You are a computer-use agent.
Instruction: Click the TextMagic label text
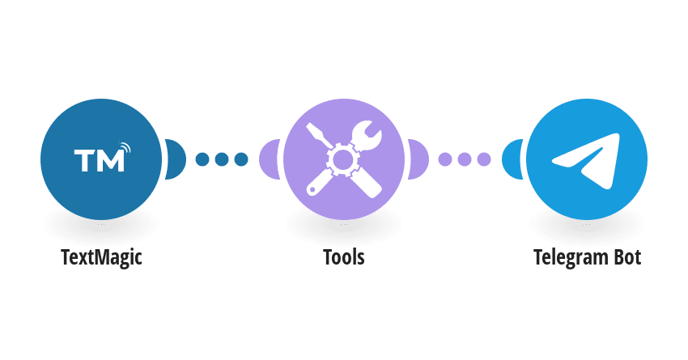coord(101,257)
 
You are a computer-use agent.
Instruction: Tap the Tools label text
coord(343,257)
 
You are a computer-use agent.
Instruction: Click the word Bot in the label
coord(627,257)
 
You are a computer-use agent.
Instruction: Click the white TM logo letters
coord(100,160)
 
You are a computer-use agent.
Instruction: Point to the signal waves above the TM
coord(125,147)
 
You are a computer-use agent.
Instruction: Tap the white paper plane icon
coord(586,160)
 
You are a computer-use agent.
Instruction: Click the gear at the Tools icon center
coord(343,159)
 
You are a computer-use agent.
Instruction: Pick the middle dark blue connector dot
coord(222,159)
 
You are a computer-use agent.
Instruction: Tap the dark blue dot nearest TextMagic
coord(202,159)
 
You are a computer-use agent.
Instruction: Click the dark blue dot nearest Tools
coord(241,159)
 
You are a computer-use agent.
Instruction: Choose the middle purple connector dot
coord(465,159)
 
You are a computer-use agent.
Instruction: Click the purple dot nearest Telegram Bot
coord(484,159)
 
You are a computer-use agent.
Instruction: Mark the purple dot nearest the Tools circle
coord(445,159)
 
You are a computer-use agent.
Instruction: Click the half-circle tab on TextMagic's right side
coord(176,159)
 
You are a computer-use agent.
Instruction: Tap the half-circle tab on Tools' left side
coord(270,159)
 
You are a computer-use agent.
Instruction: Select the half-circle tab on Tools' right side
coord(418,159)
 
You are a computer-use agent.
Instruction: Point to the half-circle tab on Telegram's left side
coord(512,159)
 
